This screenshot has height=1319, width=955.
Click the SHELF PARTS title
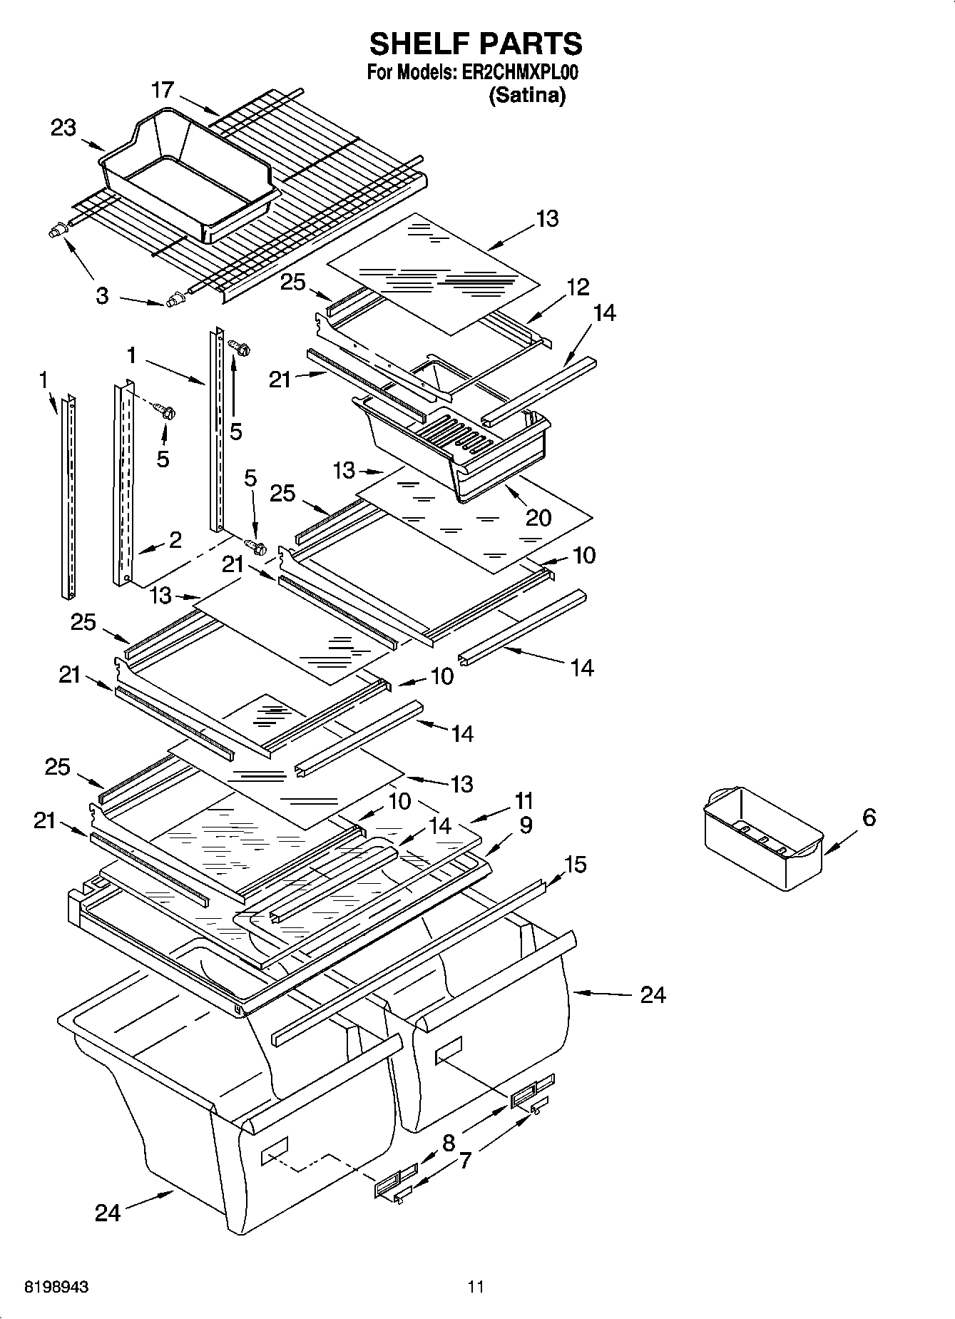point(476,44)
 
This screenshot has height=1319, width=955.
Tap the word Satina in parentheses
point(527,95)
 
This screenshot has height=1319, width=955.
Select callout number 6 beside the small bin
point(868,818)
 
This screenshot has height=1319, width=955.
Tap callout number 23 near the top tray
point(63,128)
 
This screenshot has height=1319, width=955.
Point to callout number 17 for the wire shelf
point(163,91)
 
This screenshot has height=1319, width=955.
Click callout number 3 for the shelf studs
point(102,296)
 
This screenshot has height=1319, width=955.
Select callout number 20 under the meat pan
point(538,517)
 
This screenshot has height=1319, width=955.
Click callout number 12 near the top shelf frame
point(578,287)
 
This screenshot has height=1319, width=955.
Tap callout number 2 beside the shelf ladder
point(175,539)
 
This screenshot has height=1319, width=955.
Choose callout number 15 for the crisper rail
point(575,865)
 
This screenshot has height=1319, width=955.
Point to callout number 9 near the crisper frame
point(526,825)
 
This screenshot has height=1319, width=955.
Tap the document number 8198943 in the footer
point(57,1287)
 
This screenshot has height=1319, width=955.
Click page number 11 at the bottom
point(476,1287)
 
